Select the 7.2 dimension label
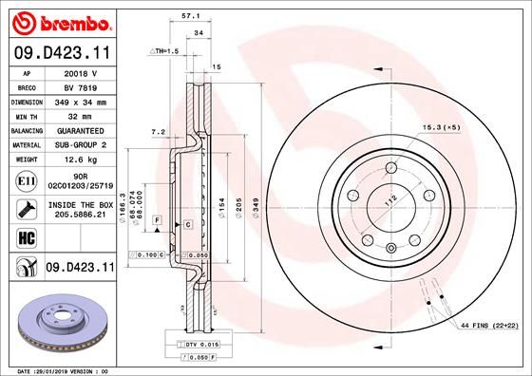[x=159, y=132]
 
